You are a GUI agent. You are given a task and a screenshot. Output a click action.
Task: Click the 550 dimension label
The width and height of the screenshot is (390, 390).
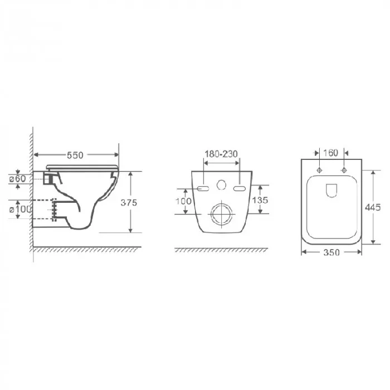pos(75,155)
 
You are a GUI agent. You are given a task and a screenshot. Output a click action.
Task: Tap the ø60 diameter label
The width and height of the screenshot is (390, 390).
pos(18,179)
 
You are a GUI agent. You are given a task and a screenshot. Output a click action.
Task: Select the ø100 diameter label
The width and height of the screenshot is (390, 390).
pos(21,209)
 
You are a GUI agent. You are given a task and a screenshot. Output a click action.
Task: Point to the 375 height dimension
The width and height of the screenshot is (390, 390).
pos(129,203)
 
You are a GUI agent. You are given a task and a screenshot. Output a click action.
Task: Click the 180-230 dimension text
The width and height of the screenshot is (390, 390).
pos(221,154)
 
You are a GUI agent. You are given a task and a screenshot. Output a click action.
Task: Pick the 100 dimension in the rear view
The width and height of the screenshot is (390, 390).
pos(183,201)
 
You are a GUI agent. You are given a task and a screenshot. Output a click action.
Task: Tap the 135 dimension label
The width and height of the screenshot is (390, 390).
pos(260,200)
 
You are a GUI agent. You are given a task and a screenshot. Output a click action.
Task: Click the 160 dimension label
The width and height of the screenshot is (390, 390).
pos(330,153)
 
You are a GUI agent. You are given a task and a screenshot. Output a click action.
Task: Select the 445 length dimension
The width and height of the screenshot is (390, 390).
pos(373,207)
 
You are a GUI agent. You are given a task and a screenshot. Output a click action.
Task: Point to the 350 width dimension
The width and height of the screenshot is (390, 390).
pos(331,252)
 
